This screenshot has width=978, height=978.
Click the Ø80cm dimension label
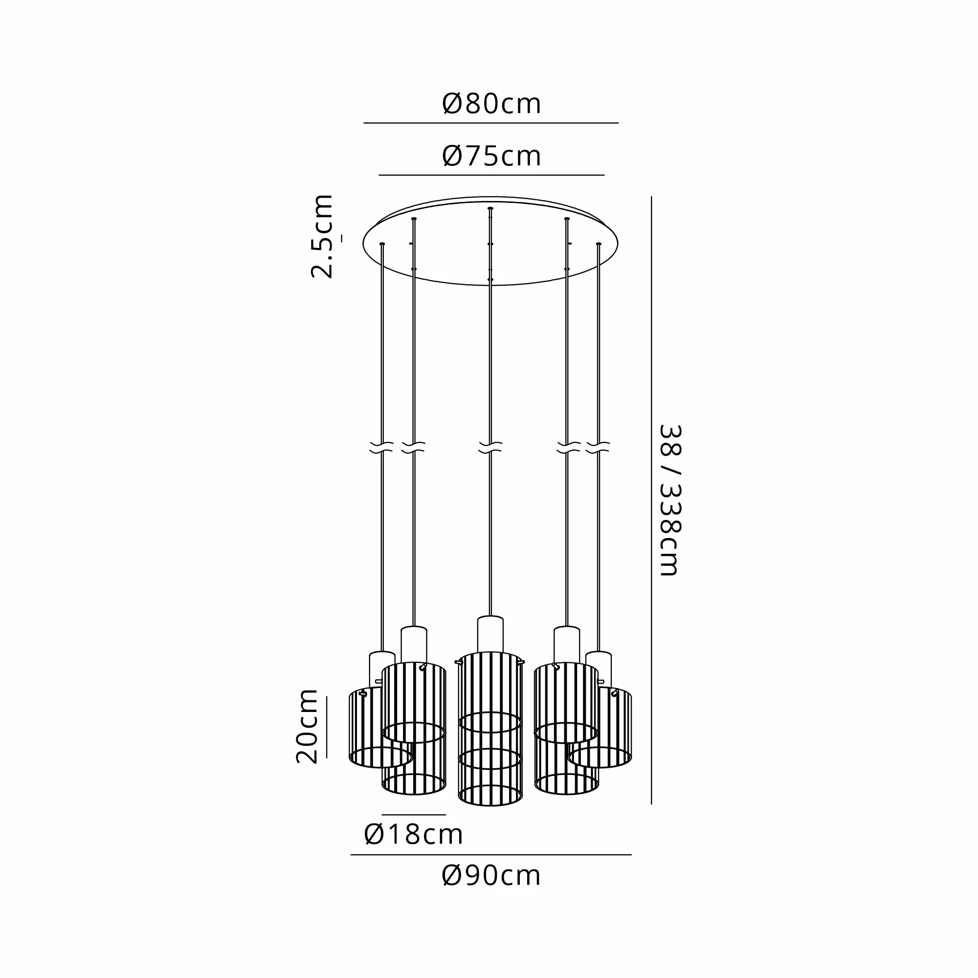491,104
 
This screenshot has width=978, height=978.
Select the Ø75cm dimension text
491,156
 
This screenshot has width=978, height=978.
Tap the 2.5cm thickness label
322,236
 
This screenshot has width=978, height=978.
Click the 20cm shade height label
307,725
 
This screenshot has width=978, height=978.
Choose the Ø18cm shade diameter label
414,834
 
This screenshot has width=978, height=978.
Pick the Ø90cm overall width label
491,875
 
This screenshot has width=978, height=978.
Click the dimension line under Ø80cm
491,123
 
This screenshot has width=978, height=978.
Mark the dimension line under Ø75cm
491,175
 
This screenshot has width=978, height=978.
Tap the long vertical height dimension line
651,500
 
